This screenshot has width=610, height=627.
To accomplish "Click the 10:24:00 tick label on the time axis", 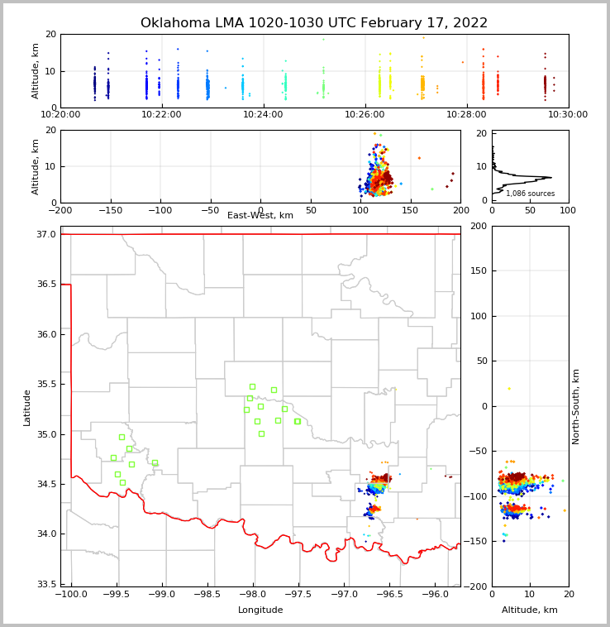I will point(263,114).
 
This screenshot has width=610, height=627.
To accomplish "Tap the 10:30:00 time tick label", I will point(568,114).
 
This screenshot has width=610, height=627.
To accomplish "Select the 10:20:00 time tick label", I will point(60,114).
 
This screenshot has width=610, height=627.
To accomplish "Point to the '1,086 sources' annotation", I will point(530,194).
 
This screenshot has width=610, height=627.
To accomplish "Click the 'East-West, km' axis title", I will point(260,216).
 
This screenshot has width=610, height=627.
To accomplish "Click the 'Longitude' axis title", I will point(260,610).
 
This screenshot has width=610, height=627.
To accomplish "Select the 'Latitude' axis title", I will point(27,407).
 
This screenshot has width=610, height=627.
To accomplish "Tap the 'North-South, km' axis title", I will point(576,406).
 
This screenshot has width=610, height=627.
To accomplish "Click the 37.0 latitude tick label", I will point(47,235).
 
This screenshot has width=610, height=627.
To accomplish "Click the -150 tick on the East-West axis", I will point(110,210).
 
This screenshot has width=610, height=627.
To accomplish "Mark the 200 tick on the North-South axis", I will point(479,226).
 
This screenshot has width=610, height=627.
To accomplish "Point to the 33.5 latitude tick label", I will point(47,584).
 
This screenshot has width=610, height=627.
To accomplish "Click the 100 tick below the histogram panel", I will point(568,210).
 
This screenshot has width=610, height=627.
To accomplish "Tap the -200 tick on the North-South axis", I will point(476,586).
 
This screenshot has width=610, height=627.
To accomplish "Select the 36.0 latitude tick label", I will point(47,334).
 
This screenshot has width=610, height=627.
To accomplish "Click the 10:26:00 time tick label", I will point(365,114).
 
